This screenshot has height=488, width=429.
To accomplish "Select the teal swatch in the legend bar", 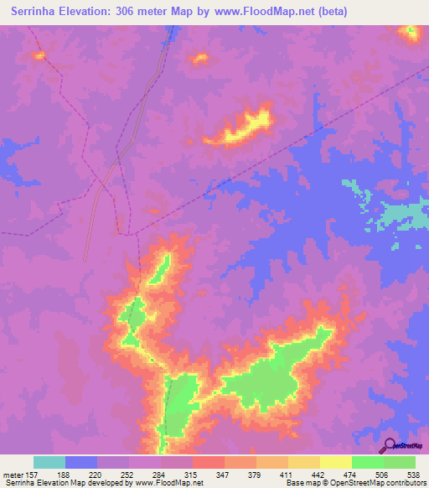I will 49,462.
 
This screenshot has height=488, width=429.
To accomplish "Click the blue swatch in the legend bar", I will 81,462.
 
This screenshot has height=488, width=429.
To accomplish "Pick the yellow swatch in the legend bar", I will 335,462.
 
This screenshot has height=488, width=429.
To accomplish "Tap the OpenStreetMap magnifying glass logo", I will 388,446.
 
